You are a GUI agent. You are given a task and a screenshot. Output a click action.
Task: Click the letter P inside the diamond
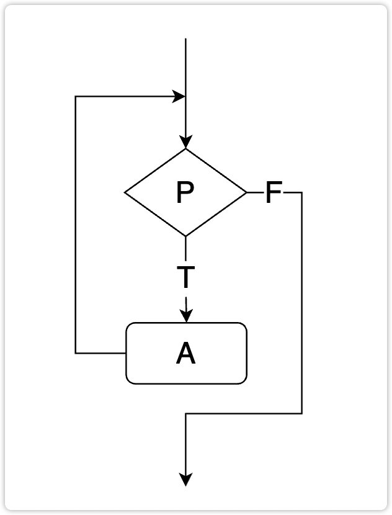[185, 192]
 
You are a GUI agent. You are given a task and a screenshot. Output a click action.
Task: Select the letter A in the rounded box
[185, 354]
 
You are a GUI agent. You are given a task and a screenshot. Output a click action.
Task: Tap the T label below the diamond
[185, 278]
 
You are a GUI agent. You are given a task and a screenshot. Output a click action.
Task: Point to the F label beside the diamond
[274, 193]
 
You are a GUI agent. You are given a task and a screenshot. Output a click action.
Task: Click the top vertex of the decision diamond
[185, 149]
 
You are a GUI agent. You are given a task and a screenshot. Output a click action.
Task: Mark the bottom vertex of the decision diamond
[185, 236]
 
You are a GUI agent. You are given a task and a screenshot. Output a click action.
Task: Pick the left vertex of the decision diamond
[125, 192]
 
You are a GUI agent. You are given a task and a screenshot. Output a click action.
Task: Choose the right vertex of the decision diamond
[247, 192]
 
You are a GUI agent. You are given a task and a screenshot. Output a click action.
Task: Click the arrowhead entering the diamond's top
[185, 142]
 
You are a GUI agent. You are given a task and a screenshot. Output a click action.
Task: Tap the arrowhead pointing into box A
[185, 316]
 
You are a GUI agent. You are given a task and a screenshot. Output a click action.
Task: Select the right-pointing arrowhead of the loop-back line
[179, 97]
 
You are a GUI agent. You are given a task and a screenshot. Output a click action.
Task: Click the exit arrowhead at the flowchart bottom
[185, 480]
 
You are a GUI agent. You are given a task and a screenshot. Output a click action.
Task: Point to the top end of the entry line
[185, 39]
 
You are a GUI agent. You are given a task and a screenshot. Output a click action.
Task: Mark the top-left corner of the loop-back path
[76, 97]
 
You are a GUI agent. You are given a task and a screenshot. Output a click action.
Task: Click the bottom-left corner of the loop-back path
[76, 353]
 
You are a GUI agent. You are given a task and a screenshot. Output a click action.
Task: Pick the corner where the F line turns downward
[302, 193]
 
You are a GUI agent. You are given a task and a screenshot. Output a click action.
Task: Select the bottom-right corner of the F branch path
[302, 413]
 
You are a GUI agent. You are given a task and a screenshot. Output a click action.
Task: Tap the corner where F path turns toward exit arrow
[185, 413]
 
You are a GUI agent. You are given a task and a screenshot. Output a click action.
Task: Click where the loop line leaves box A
[126, 353]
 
